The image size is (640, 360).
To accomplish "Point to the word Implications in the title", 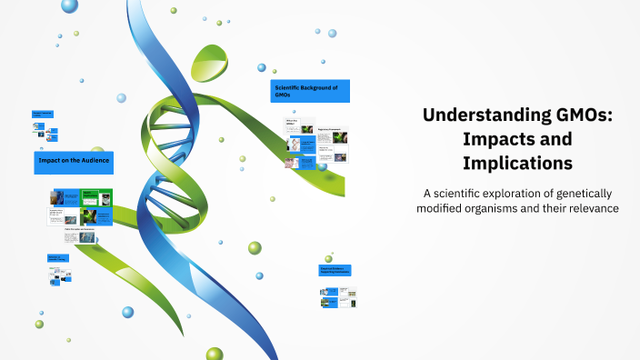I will click(x=517, y=164).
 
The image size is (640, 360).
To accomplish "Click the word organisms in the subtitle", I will click(x=500, y=208).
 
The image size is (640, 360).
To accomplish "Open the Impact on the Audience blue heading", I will click(x=74, y=160).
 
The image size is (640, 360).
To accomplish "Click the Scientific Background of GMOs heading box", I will click(x=310, y=91).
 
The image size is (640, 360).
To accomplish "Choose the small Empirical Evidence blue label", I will click(x=335, y=270).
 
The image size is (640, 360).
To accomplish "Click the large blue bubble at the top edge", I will click(x=69, y=5).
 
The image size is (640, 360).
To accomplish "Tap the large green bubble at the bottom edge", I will click(x=215, y=353).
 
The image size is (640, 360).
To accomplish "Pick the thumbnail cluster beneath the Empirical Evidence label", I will click(x=337, y=297).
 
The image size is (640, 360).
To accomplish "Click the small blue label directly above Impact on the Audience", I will click(x=43, y=115).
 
